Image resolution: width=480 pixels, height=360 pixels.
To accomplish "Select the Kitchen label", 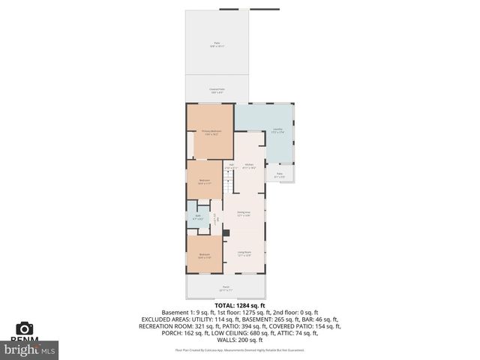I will click(249, 166).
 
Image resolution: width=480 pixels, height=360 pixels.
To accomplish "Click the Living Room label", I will click(244, 253).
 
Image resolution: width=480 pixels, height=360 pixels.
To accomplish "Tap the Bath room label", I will click(198, 217).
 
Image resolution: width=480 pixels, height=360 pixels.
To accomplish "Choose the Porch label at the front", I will click(226, 289).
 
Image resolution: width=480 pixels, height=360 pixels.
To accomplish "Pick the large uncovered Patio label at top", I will click(217, 46).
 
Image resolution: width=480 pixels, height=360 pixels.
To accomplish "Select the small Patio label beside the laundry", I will click(279, 175).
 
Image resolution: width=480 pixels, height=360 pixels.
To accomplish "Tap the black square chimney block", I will click(226, 232).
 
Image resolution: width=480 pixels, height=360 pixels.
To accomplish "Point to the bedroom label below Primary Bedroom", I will click(205, 181).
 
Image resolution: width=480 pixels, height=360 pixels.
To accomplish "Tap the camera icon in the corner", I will click(25, 329).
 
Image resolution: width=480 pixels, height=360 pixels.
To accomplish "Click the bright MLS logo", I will click(29, 349).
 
